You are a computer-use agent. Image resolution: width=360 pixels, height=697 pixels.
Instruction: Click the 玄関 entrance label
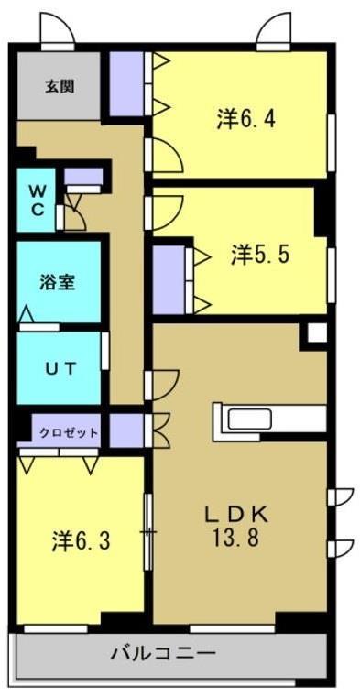pyautogui.click(x=60, y=87)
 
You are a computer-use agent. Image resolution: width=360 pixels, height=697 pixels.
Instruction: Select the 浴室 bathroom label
pyautogui.click(x=57, y=282)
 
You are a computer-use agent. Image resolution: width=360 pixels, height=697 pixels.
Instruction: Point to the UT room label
pyautogui.click(x=60, y=368)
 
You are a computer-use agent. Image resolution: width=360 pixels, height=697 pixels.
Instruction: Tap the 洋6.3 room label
pyautogui.click(x=81, y=540)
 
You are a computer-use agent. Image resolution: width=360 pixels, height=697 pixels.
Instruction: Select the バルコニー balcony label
pyautogui.click(x=163, y=653)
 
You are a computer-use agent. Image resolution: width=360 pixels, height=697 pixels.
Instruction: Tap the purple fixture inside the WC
pyautogui.click(x=82, y=176)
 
